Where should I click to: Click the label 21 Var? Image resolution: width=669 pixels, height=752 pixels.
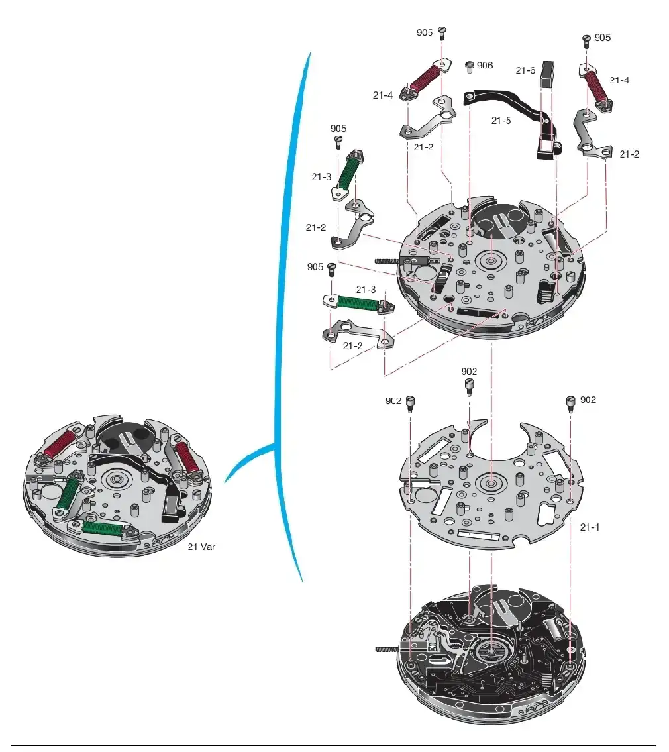(201, 546)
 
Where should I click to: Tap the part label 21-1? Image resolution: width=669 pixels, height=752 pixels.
(590, 527)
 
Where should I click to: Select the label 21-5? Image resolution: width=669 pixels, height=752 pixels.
(501, 121)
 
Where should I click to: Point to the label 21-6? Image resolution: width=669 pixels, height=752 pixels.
(525, 70)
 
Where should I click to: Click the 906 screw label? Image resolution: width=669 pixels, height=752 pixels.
(485, 65)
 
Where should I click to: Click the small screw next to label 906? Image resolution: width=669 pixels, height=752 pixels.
(470, 67)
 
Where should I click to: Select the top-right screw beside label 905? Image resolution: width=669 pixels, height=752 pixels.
(586, 41)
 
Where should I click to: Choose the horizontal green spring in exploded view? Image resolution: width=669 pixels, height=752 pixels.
(360, 303)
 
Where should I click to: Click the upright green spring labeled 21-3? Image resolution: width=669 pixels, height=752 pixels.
(348, 173)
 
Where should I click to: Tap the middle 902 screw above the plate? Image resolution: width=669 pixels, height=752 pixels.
(469, 386)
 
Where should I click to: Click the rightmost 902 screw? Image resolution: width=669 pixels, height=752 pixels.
(571, 403)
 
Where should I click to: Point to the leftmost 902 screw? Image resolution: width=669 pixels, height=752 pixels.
(411, 403)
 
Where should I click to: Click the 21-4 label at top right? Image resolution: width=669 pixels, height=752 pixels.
(619, 81)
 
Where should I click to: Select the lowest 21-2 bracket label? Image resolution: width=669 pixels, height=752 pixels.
(352, 346)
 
